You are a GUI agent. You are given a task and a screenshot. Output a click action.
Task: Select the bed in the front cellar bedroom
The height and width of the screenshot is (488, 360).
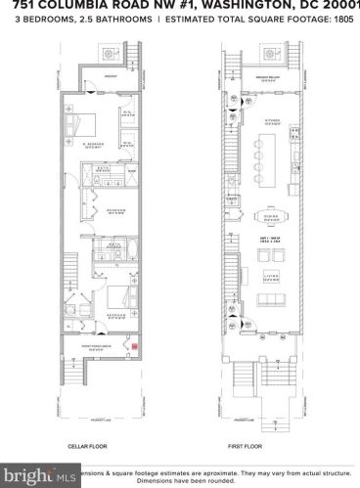click(108, 300)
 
